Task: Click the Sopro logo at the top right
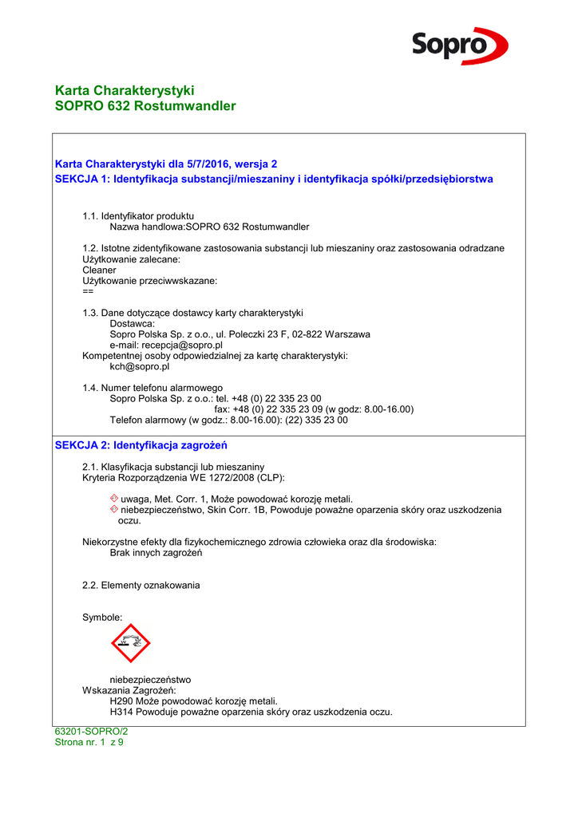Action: point(460,45)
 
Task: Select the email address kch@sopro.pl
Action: point(140,367)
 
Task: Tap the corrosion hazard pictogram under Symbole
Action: point(130,643)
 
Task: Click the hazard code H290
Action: point(121,701)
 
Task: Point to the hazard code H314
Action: point(121,712)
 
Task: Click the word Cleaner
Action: point(99,270)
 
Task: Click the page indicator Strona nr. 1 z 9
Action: point(89,742)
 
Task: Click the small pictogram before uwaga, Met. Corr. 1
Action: point(114,499)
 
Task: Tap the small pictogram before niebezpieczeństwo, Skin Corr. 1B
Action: point(114,509)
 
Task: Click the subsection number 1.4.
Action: point(89,388)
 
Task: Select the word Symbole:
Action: point(103,618)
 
